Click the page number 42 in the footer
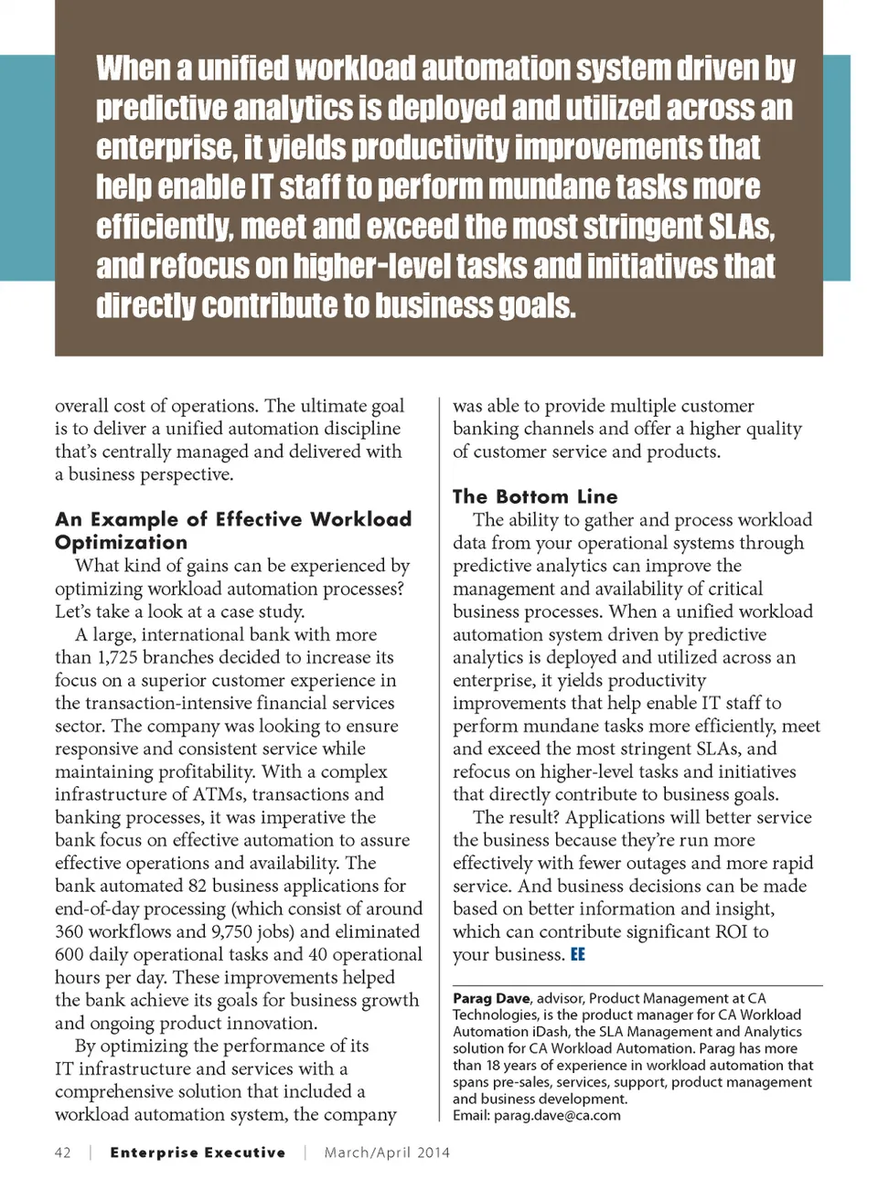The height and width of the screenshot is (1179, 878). point(63,1152)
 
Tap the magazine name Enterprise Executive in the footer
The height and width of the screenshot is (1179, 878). point(198,1152)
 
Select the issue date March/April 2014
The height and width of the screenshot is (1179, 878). point(387,1152)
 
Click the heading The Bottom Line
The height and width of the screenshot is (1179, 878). point(535,496)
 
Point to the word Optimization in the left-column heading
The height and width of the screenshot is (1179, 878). point(121,542)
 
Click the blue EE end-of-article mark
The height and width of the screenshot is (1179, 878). point(578,954)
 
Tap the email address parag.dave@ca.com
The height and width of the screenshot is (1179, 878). point(557,1115)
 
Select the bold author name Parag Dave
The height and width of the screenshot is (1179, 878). point(491,998)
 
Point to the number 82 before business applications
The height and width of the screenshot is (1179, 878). point(198,886)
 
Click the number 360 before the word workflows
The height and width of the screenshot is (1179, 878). point(70,931)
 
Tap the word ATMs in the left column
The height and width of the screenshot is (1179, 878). point(217,794)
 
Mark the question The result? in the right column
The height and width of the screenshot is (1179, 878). point(519,817)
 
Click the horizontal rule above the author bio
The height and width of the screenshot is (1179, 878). point(637,985)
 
